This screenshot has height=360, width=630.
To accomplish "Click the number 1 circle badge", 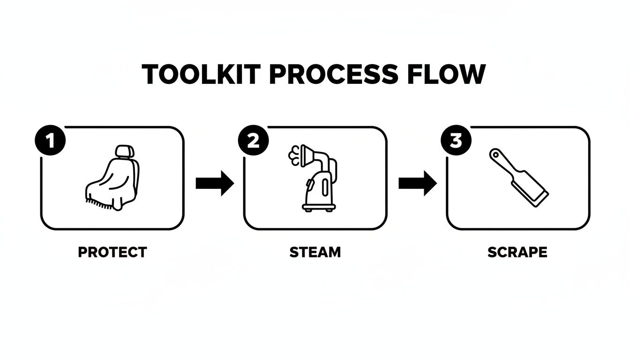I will [50, 141].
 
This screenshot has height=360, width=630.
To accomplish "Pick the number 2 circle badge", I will [253, 141].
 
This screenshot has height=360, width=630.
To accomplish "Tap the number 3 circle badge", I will [456, 141].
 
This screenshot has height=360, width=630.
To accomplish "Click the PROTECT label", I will [112, 252].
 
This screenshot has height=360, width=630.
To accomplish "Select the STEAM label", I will [315, 252].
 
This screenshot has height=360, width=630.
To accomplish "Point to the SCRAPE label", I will [517, 252].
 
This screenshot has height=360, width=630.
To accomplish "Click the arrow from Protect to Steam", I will [214, 183].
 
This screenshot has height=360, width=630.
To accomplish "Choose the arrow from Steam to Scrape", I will [417, 183].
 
